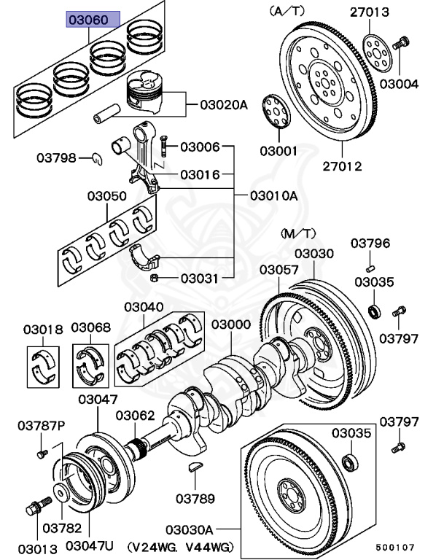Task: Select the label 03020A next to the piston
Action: click(x=224, y=105)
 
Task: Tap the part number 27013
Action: click(x=389, y=12)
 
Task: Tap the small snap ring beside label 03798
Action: click(x=96, y=158)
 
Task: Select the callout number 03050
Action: click(x=107, y=196)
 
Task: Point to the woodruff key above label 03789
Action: click(x=196, y=467)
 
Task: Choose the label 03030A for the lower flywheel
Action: click(x=189, y=529)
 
